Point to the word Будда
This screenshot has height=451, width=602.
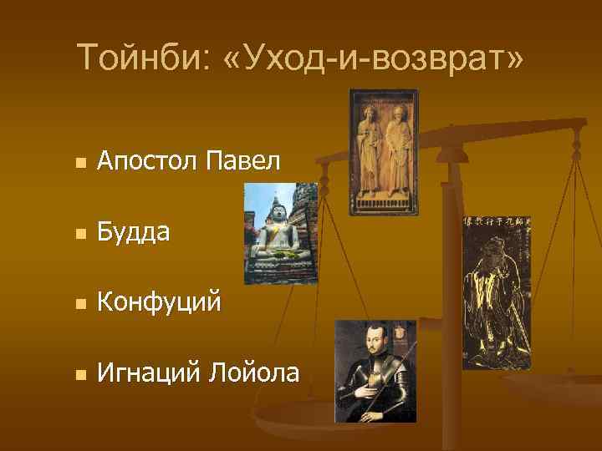point(135,231)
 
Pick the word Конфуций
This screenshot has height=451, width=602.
point(159,302)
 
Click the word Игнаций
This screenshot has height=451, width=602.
point(145,372)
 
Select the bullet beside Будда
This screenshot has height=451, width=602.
point(79,234)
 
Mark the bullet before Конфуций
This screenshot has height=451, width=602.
point(79,305)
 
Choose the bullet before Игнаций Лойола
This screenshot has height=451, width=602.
point(79,375)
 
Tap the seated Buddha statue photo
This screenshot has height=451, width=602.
point(281,234)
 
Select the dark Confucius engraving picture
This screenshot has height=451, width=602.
point(497,292)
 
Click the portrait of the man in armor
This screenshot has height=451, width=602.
point(375,371)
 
